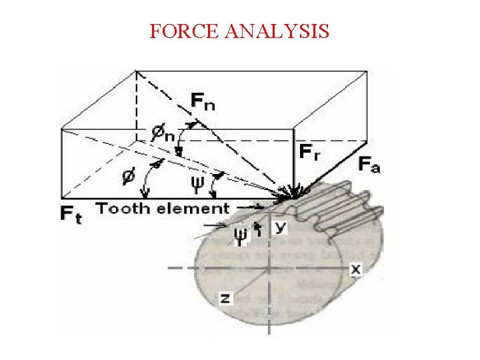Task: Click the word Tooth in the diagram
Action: point(122,209)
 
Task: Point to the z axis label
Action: point(226,299)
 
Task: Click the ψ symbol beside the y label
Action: point(241,235)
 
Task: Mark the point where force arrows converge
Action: point(292,196)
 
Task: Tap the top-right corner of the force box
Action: point(367,69)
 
